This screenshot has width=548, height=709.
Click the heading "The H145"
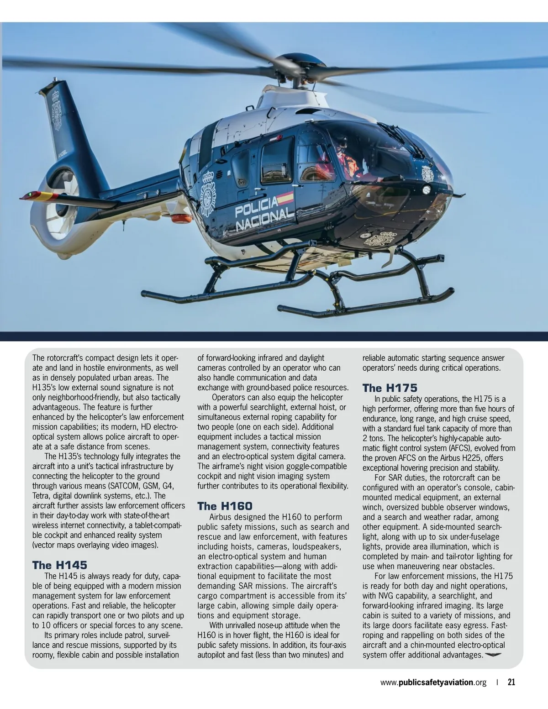pos(59,565)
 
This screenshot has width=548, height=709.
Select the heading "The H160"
pos(225,506)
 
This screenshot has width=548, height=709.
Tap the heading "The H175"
pos(390,388)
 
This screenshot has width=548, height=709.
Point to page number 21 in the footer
pos(511,683)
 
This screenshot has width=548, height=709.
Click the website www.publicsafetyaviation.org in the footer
pos(433,683)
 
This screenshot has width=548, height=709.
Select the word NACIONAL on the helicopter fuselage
pos(264,221)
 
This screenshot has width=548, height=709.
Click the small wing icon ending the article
pos(493,655)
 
